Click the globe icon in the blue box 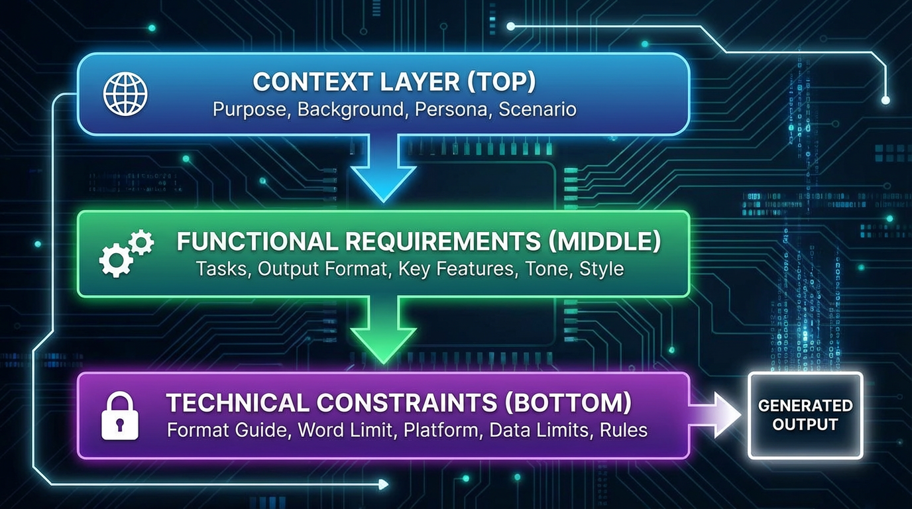[125, 94]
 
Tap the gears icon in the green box [127, 253]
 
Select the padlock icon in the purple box [120, 415]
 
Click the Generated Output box [805, 415]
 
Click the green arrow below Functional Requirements [383, 329]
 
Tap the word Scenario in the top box [537, 109]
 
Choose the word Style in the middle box [602, 270]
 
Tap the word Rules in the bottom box [624, 430]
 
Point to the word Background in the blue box [351, 109]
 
